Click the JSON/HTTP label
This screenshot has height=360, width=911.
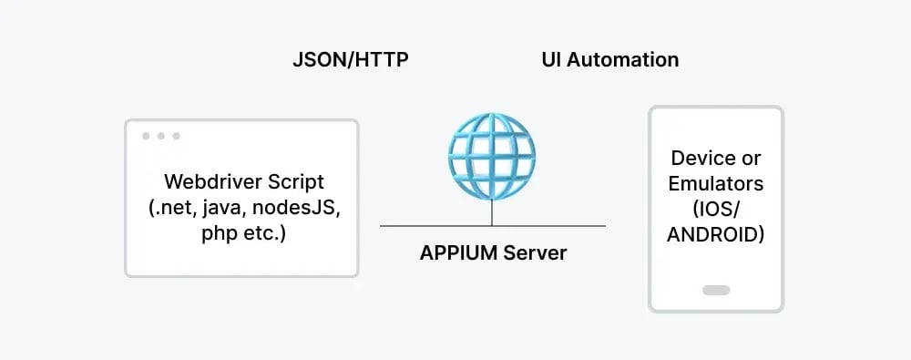point(350,61)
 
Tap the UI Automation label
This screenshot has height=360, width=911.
point(609,60)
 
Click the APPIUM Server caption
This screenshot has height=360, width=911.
point(493,253)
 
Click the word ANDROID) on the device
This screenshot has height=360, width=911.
point(715,235)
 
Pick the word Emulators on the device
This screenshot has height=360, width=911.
point(715,183)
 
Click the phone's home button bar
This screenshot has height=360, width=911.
point(716,291)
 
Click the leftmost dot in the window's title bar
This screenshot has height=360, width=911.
point(146,136)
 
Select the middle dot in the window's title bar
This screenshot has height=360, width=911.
point(160,136)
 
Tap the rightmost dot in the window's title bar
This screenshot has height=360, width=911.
point(176,136)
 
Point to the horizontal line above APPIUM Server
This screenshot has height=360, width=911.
point(419,226)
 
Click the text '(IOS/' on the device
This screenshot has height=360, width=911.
point(715,209)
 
